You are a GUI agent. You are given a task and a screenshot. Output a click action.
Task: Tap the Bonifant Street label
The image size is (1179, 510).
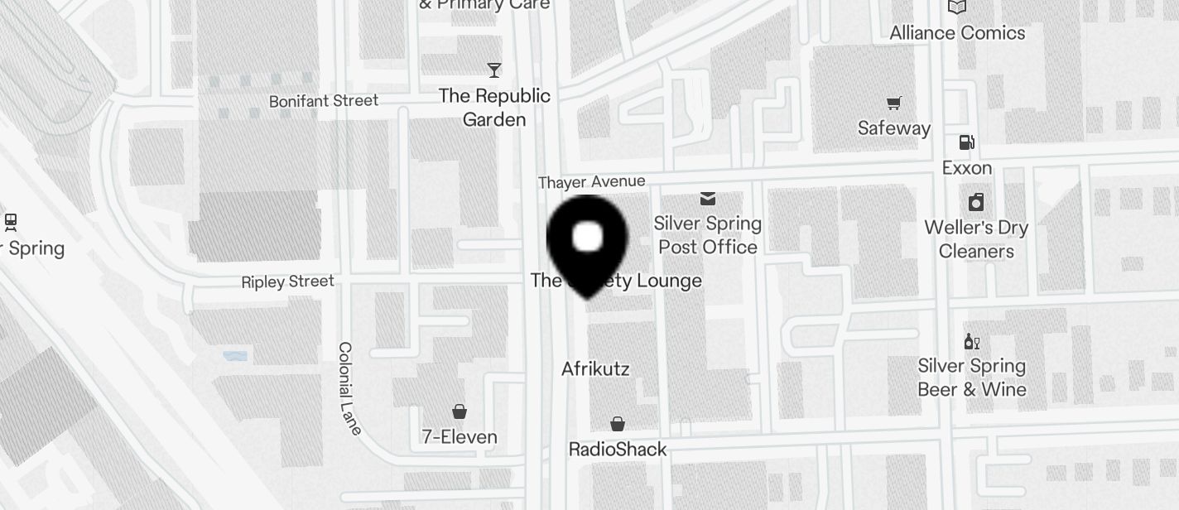324,101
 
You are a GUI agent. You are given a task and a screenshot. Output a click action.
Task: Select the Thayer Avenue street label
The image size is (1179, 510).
591,182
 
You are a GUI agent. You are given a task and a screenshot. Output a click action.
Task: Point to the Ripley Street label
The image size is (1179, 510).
288,282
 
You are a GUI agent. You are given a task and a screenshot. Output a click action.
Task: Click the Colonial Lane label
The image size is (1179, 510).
350,387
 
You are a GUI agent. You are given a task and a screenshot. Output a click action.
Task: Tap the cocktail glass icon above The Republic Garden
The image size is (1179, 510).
494,70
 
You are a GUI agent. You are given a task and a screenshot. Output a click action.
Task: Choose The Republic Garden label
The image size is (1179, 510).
494,108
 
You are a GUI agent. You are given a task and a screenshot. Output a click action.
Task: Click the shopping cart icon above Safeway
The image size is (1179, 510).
893,103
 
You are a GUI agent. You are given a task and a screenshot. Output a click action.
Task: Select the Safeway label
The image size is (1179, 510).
894,128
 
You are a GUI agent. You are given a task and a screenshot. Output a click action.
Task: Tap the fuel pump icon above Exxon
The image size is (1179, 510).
966,142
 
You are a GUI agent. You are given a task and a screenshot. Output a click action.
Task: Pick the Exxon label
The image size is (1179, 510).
967,168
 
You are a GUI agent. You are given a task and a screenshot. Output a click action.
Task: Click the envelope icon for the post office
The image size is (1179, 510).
708,199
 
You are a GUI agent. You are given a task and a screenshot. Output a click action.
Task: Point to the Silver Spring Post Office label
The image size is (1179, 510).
708,235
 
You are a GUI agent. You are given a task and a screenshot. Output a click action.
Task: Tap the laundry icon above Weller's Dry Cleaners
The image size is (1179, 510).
976,202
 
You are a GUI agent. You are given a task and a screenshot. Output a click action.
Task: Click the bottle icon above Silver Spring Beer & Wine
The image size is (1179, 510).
971,341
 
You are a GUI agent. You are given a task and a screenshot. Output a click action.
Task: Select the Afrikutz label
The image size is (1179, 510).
595,369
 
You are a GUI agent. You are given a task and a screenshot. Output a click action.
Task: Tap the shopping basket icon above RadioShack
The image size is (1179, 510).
617,425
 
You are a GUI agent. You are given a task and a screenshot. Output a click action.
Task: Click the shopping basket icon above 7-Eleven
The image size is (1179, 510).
459,411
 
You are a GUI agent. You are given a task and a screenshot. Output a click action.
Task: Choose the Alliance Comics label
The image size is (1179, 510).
957,33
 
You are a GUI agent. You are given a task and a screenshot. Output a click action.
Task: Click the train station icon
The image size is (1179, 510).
11,222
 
